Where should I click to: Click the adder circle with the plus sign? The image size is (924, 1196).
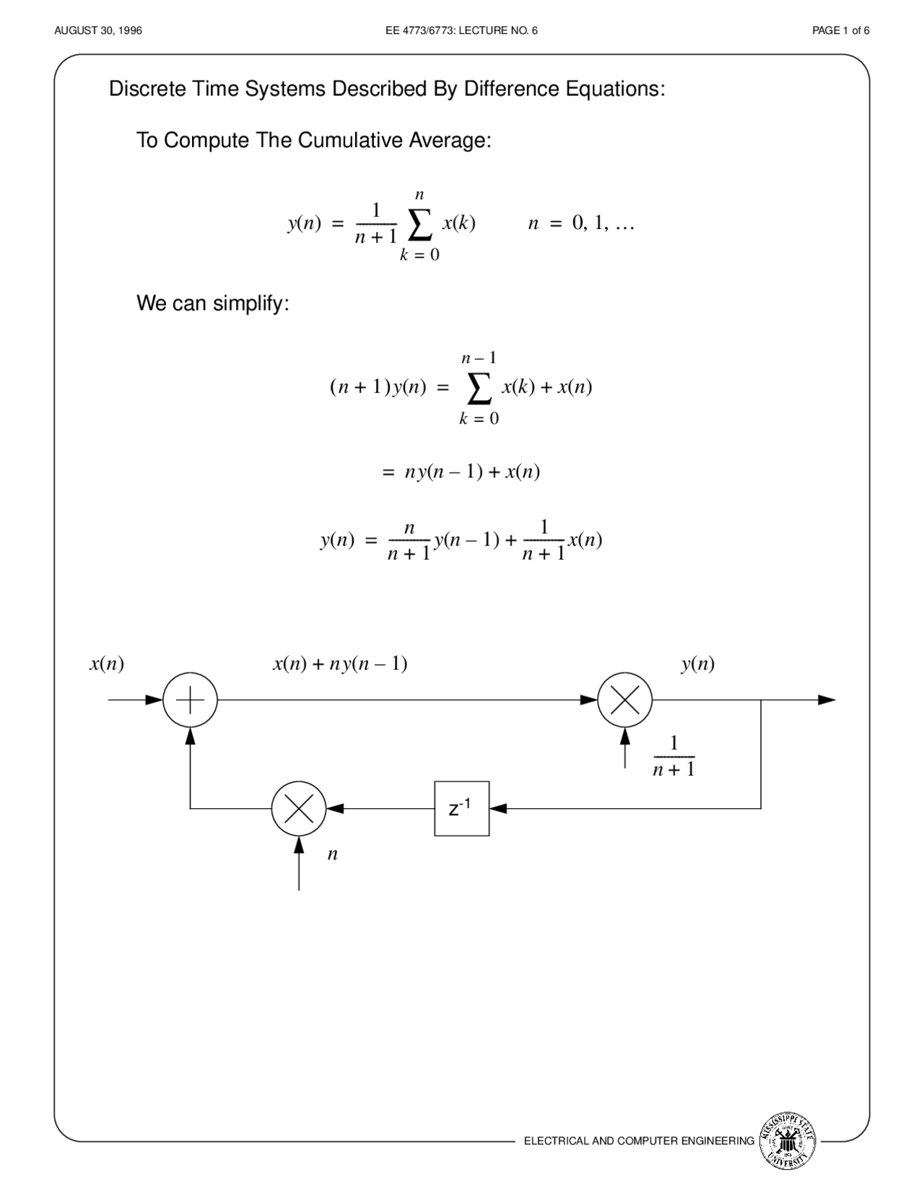(x=190, y=700)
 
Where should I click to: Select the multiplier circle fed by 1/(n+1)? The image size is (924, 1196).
(x=625, y=700)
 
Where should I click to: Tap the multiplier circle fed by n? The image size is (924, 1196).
(x=299, y=809)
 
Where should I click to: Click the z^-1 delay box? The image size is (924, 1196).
(x=462, y=809)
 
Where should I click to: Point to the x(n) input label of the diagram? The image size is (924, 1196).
(x=107, y=664)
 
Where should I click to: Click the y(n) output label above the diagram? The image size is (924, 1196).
(x=697, y=664)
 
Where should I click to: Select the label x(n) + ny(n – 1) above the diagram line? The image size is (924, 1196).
(x=340, y=664)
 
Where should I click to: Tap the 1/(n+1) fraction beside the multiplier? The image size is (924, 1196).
(x=674, y=756)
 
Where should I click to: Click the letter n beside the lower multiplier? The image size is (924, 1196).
(x=332, y=854)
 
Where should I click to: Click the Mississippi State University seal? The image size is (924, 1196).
(x=788, y=1141)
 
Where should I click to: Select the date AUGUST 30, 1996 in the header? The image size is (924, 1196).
(x=98, y=30)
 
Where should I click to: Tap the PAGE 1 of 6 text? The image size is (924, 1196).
(x=840, y=30)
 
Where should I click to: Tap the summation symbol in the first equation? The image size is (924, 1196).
(x=420, y=225)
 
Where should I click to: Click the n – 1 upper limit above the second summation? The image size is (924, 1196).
(x=479, y=357)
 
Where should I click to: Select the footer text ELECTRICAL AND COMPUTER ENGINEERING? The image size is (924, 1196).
(x=639, y=1141)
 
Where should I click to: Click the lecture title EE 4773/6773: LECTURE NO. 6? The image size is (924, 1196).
(x=462, y=30)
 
